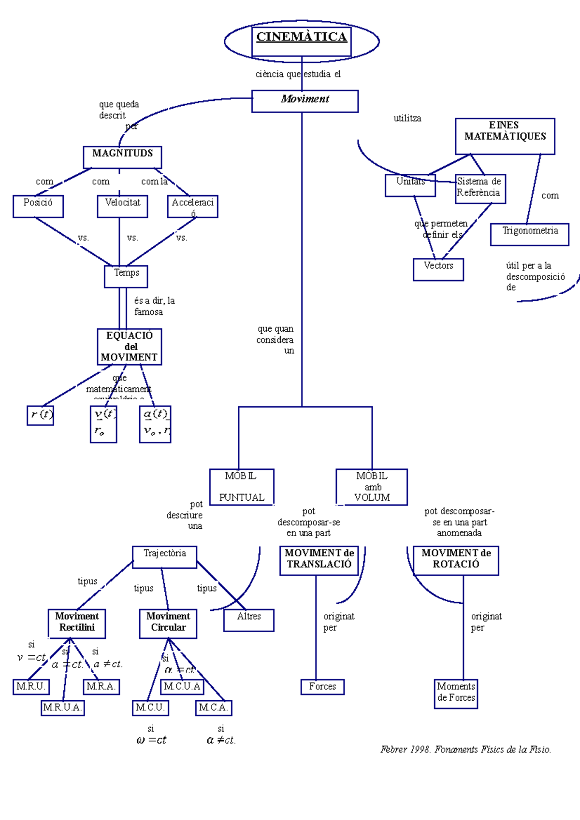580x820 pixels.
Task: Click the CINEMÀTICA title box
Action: pyautogui.click(x=301, y=41)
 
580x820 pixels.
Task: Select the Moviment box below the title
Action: pyautogui.click(x=304, y=101)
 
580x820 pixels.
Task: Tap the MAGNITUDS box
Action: pyautogui.click(x=122, y=157)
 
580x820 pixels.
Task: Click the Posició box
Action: pyautogui.click(x=38, y=206)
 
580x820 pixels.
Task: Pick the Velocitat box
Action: pyautogui.click(x=122, y=206)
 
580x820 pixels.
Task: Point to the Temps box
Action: pyautogui.click(x=126, y=276)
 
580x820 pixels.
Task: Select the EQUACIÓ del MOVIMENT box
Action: pyautogui.click(x=129, y=346)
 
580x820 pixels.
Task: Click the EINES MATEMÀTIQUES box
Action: pyautogui.click(x=505, y=136)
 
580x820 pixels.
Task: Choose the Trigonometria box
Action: pyautogui.click(x=529, y=234)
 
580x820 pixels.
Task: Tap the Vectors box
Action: pyautogui.click(x=438, y=269)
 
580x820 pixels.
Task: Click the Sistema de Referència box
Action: pyautogui.click(x=480, y=188)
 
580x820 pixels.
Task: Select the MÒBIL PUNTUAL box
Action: pyautogui.click(x=242, y=487)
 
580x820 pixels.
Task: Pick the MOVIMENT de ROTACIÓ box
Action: pyautogui.click(x=455, y=560)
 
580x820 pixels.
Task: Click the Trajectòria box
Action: pyautogui.click(x=164, y=557)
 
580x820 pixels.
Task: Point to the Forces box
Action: pyautogui.click(x=322, y=686)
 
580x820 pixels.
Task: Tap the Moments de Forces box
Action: pyautogui.click(x=456, y=693)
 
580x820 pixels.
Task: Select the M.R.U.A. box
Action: pyautogui.click(x=63, y=707)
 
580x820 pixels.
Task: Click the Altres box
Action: pyautogui.click(x=248, y=620)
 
